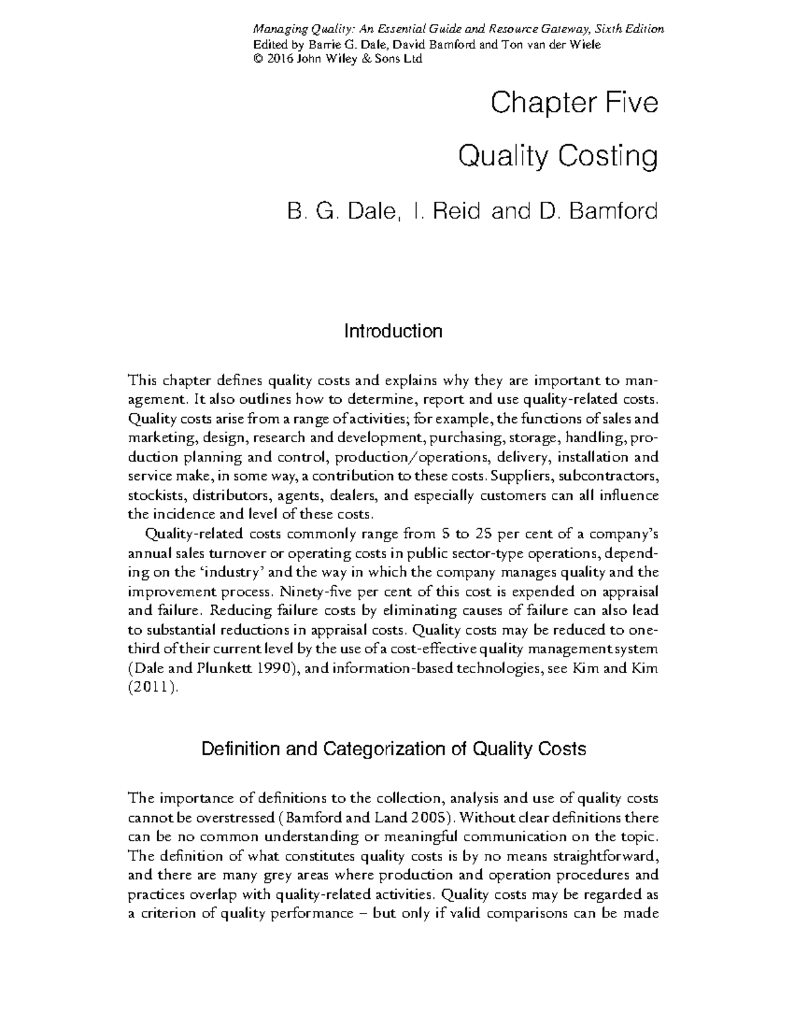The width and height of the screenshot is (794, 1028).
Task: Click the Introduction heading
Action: tap(393, 330)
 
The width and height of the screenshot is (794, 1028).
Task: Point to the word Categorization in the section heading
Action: tap(389, 749)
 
